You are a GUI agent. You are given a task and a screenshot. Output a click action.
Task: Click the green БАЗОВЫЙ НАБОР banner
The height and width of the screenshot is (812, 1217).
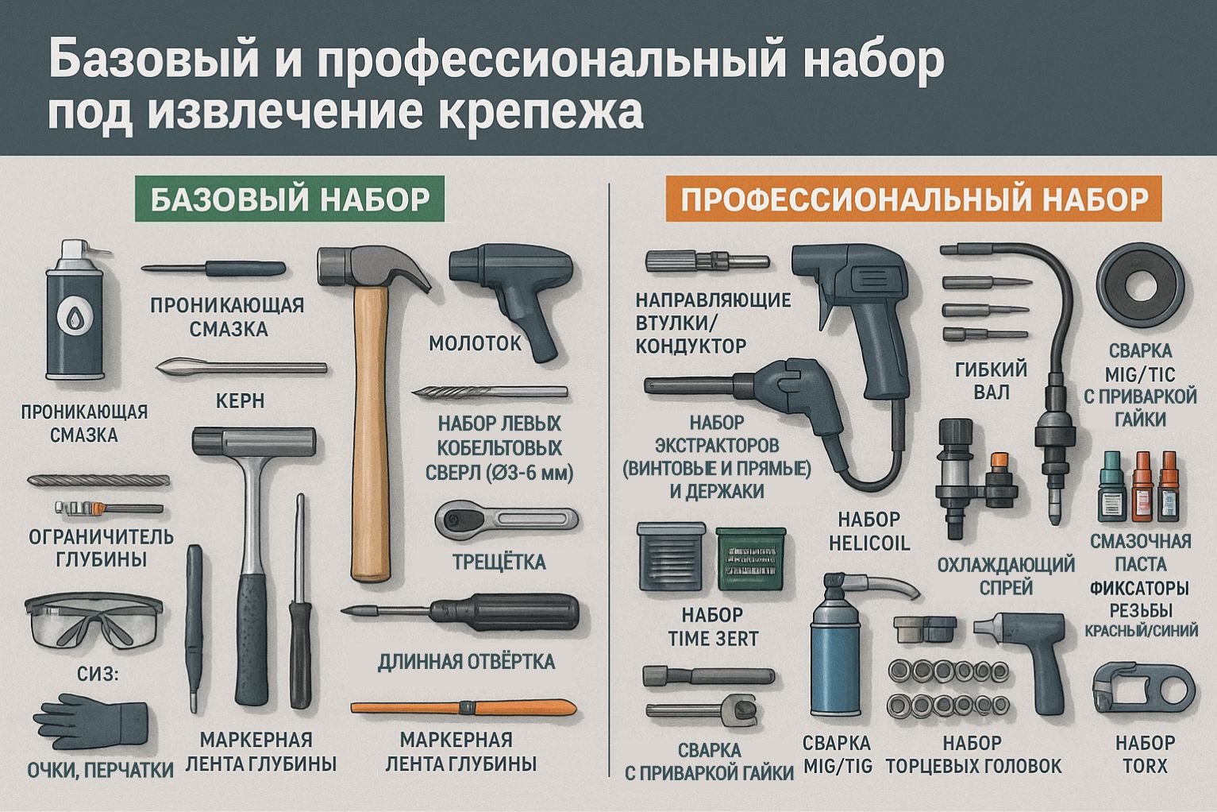point(290,199)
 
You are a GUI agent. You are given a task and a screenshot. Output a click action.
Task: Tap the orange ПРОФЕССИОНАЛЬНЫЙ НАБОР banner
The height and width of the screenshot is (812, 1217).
point(914,199)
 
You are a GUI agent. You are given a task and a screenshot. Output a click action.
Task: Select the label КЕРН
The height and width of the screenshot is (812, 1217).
point(240,400)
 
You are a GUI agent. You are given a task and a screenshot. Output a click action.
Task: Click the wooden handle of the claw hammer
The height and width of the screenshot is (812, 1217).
point(371,435)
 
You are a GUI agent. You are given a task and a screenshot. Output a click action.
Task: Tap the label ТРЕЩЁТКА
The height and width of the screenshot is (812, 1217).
point(499,562)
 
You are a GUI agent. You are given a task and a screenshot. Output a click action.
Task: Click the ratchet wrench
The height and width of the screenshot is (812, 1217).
point(506,520)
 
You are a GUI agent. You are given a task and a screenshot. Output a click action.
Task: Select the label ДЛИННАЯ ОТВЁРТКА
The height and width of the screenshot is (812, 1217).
point(467,662)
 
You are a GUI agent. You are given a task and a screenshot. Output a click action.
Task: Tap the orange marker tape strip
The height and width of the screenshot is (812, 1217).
point(464,708)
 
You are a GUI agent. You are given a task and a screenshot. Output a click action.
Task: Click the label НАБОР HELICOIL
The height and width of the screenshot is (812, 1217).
point(869,532)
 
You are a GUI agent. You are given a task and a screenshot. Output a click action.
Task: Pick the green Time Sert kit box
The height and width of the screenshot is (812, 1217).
point(751,559)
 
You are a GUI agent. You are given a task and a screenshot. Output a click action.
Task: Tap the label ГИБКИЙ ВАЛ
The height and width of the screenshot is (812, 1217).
point(991,380)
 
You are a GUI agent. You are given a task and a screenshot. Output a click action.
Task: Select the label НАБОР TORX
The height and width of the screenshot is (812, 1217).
point(1145,754)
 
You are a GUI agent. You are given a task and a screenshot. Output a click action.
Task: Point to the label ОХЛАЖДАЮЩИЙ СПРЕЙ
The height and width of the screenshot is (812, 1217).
point(1006,576)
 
